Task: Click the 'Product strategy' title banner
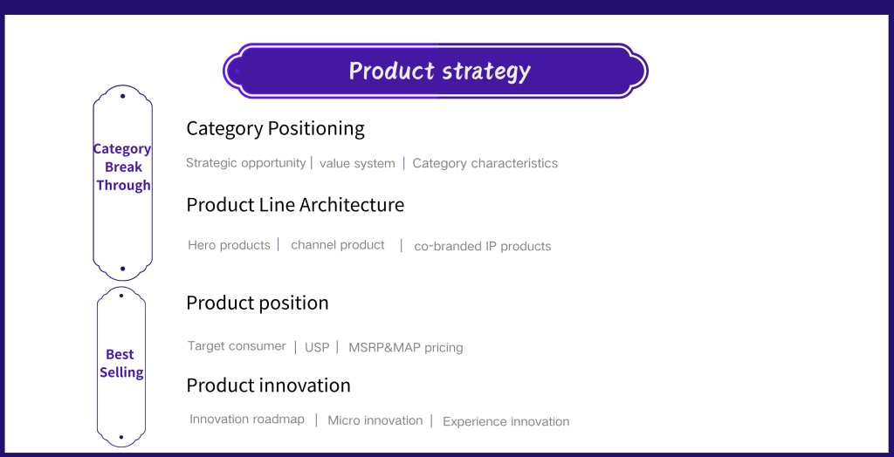point(436,71)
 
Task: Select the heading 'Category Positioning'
point(275,128)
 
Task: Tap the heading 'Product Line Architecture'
point(295,205)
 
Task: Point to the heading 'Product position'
point(258,303)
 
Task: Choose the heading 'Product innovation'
point(269,385)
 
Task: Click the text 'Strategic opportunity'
point(245,163)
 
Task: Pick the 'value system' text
point(357,164)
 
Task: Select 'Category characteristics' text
point(485,164)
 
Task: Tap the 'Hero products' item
point(230,245)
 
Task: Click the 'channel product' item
point(338,245)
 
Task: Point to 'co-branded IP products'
point(482,246)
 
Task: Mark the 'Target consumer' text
point(237,346)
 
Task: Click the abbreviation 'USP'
point(317,347)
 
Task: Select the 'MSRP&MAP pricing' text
point(406,348)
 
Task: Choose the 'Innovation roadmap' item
point(247,419)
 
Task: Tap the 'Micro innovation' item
point(375,420)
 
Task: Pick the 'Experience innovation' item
point(506,421)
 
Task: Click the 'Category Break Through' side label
point(122,167)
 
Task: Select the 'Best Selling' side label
point(120,363)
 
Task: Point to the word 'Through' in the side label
point(123,185)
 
